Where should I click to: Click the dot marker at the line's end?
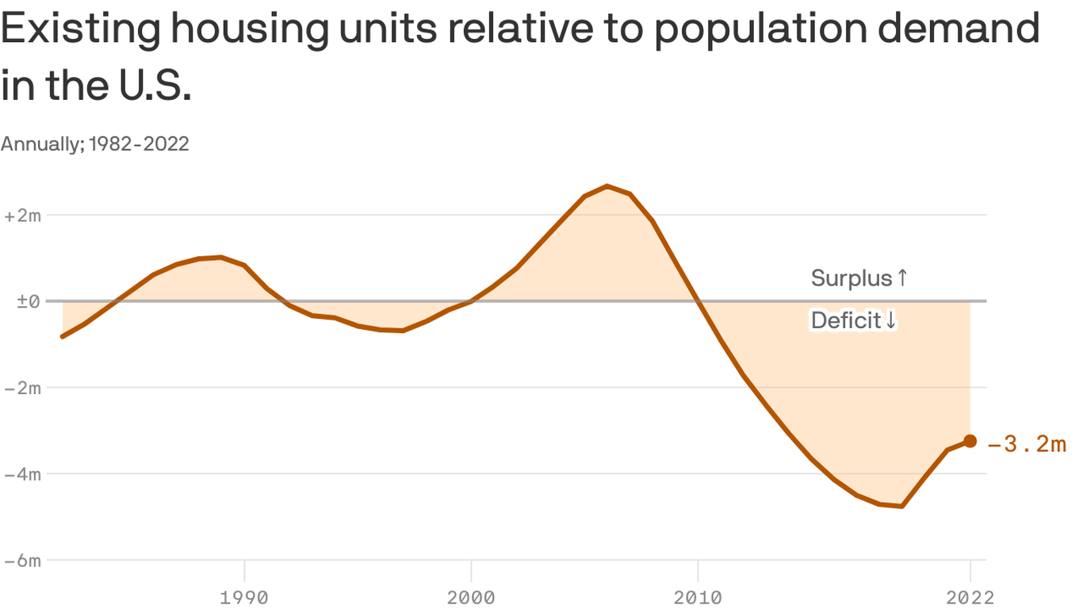point(970,441)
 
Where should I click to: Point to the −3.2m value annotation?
point(1027,444)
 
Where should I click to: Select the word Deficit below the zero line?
point(846,320)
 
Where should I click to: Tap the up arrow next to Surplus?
point(901,278)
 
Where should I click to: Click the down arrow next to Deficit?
point(890,320)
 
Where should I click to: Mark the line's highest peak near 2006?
point(607,186)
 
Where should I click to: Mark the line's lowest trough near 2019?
point(901,506)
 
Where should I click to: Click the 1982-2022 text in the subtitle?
point(140,144)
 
